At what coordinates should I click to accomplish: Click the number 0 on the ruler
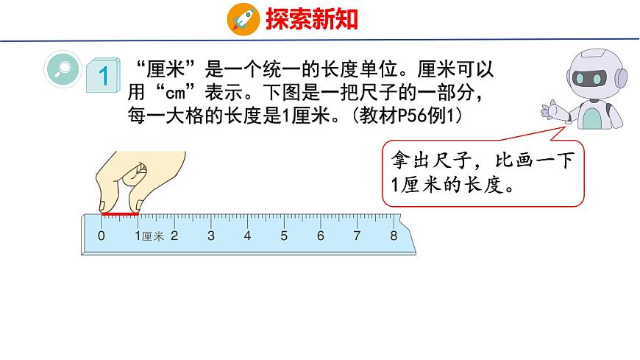pyautogui.click(x=102, y=236)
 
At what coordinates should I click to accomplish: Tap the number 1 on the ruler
pyautogui.click(x=138, y=236)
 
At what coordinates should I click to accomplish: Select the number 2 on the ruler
pyautogui.click(x=174, y=236)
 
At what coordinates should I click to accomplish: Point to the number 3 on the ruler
pyautogui.click(x=211, y=236)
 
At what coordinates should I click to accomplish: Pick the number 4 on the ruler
pyautogui.click(x=247, y=236)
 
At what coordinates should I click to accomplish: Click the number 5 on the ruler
pyautogui.click(x=284, y=236)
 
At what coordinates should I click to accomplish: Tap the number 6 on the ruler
pyautogui.click(x=321, y=236)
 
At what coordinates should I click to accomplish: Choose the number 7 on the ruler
pyautogui.click(x=357, y=236)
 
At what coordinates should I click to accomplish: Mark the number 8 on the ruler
pyautogui.click(x=394, y=236)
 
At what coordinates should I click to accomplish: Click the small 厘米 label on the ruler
pyautogui.click(x=153, y=237)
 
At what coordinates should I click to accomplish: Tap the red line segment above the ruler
pyautogui.click(x=120, y=215)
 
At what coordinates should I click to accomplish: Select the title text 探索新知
pyautogui.click(x=312, y=18)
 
